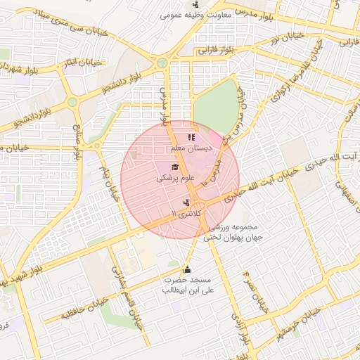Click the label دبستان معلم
click(188, 149)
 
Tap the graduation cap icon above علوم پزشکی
click(174, 166)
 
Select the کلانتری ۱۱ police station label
click(187, 212)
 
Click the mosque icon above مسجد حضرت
click(187, 269)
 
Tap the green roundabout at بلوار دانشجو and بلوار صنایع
click(72, 103)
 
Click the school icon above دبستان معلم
click(191, 138)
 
